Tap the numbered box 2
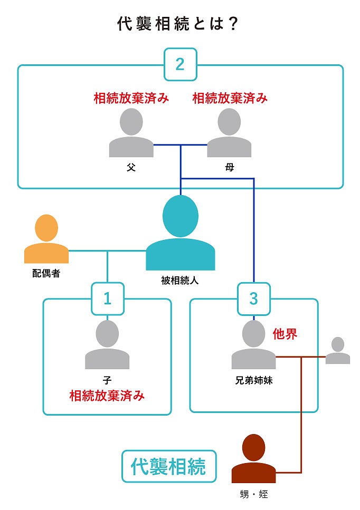click(180, 64)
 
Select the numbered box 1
click(108, 299)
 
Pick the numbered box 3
click(253, 299)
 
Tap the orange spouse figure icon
click(46, 239)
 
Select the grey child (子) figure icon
click(107, 345)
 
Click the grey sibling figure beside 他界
click(253, 345)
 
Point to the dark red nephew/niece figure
click(254, 459)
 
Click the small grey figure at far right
click(337, 351)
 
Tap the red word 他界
click(285, 333)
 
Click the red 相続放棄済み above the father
click(131, 98)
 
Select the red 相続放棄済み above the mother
click(230, 98)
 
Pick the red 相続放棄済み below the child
click(107, 396)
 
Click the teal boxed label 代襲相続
click(169, 466)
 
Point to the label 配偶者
click(46, 274)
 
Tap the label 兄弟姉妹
click(253, 379)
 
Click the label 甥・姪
click(254, 494)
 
